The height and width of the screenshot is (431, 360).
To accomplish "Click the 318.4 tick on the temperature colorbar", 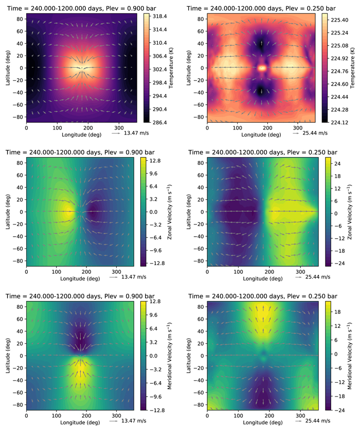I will [154, 16].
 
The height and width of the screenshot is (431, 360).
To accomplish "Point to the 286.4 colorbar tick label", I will [154, 122].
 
